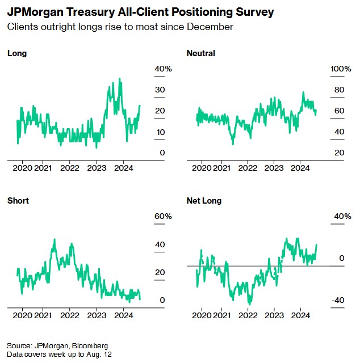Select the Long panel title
coord(17,53)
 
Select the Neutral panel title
coord(201,53)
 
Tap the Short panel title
coord(18,201)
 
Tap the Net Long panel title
coord(204,201)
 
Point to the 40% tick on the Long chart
coord(164,69)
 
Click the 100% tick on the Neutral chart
coord(341,69)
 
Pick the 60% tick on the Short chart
coord(164,216)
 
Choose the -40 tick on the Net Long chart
coord(337,300)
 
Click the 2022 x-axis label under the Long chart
coord(70,168)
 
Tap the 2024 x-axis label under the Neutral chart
coord(300,168)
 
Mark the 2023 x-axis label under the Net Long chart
coord(274,315)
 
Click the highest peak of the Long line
coord(119,78)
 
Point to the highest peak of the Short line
coord(54,239)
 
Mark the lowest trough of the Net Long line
coord(249,305)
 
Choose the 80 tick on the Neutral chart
coord(340,90)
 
